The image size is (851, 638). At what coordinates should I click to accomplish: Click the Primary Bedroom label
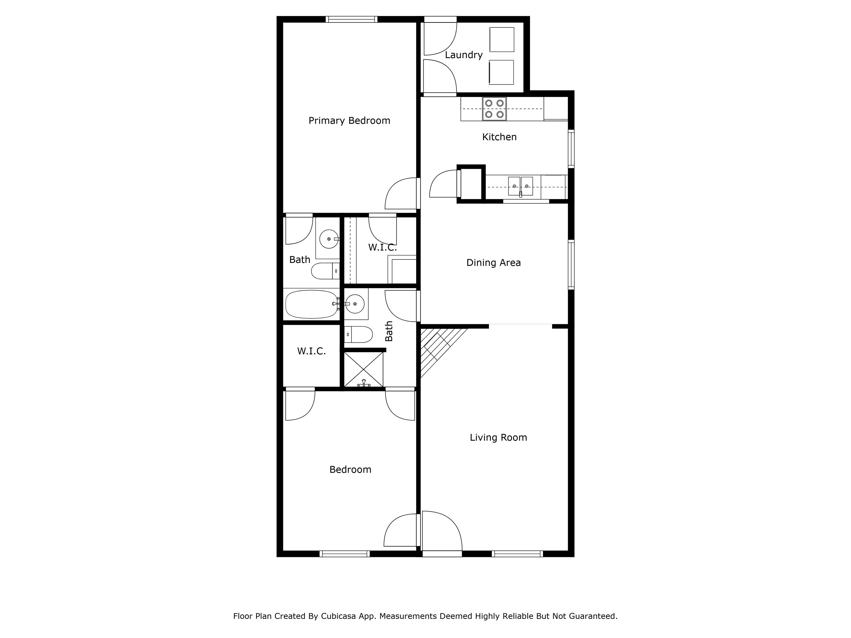point(349,121)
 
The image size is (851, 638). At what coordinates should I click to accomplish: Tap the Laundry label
point(463,55)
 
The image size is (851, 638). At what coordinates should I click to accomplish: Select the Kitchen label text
point(499,137)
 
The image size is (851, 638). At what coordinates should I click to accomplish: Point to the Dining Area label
point(494,263)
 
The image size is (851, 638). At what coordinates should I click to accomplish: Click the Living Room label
point(498,437)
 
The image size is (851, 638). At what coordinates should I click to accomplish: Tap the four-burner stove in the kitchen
point(494,109)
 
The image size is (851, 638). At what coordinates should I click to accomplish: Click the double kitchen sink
point(521,187)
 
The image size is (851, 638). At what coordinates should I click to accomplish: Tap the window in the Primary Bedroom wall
point(351,19)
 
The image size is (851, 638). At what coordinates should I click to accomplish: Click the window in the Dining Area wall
point(571,264)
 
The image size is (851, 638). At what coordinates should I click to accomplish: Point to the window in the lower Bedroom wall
point(344,554)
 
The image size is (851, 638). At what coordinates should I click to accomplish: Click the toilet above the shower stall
point(358,334)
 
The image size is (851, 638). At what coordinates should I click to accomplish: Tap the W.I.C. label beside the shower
point(311,351)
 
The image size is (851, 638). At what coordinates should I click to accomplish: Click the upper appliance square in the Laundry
point(502,39)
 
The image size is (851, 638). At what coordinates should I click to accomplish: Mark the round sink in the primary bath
point(329,239)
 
